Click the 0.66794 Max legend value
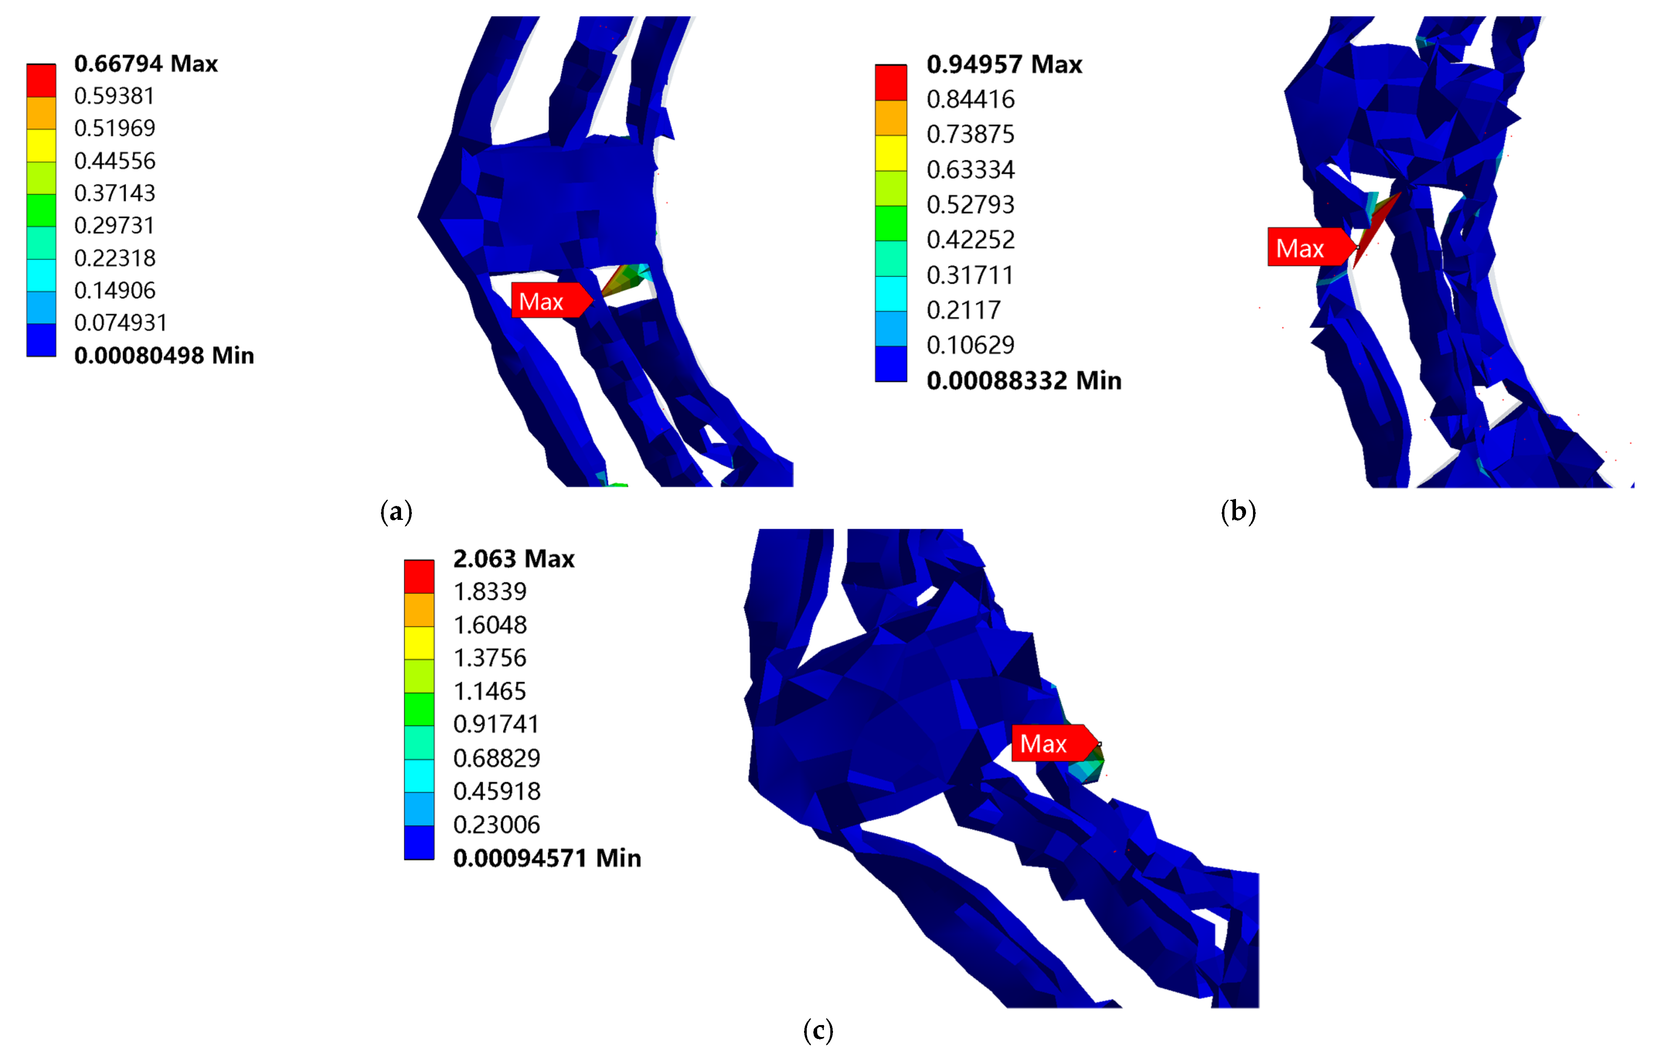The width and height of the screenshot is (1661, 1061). tap(146, 63)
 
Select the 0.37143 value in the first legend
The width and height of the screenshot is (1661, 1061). tap(114, 193)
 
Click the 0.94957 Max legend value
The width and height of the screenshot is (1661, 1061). tap(1004, 64)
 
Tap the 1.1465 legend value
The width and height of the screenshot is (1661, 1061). tap(489, 691)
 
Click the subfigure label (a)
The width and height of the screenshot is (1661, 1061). tap(396, 512)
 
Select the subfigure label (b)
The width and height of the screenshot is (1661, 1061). tap(1238, 512)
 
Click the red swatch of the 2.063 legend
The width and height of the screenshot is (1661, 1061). tap(419, 576)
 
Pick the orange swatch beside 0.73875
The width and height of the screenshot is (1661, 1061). tap(891, 118)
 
